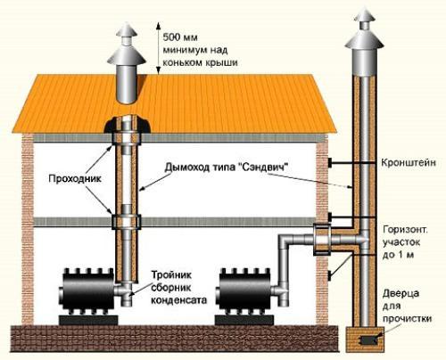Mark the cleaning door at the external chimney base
pos(368,336)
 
